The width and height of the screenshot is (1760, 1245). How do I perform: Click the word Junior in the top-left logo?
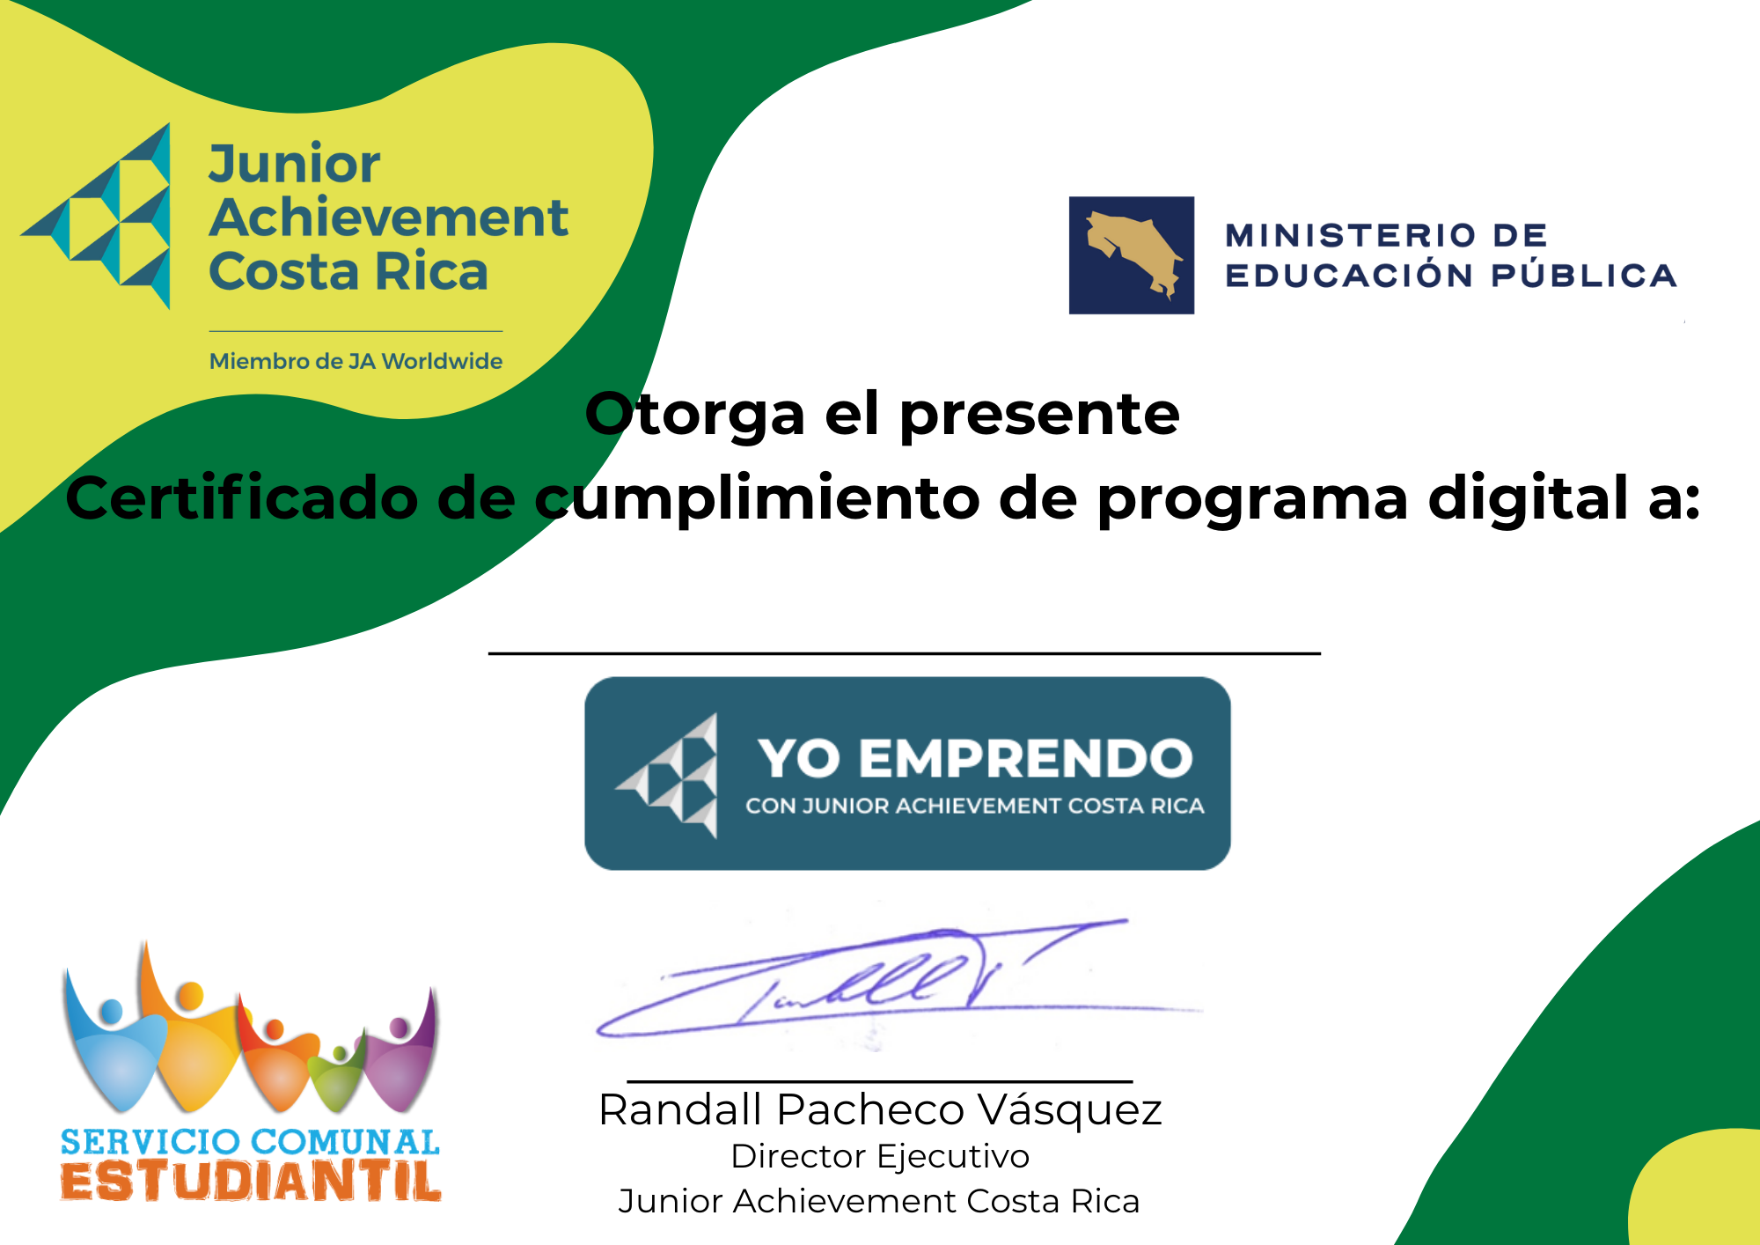point(294,165)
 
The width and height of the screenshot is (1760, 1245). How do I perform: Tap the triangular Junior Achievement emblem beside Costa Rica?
point(97,216)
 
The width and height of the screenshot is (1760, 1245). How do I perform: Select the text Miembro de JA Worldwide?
point(356,361)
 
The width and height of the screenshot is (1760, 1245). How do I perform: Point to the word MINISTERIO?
point(1351,235)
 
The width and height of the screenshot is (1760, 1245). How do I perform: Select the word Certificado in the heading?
point(241,497)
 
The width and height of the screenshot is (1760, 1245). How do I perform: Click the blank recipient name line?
point(905,653)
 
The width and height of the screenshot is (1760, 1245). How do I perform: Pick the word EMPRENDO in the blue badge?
point(1025,758)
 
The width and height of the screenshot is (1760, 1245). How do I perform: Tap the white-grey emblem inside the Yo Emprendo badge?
point(668,776)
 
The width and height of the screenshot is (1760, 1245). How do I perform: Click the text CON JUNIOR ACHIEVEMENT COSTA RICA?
point(975,806)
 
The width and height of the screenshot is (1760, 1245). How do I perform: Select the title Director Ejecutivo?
point(880,1157)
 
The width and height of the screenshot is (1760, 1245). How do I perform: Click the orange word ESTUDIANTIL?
point(251,1182)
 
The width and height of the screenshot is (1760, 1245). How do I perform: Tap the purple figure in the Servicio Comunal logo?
point(400,1052)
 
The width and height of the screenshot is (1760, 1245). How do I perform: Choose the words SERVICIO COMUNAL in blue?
point(250,1142)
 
